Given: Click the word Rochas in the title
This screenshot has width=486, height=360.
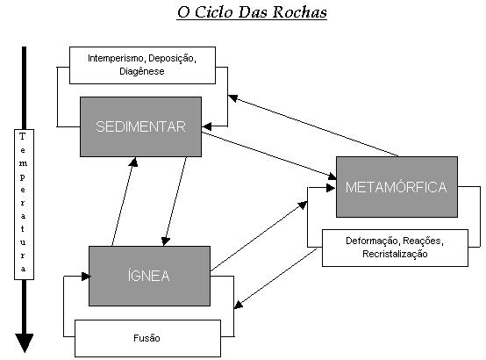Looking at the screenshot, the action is [300, 12].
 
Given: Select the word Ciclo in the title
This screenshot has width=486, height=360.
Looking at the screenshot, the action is [214, 12].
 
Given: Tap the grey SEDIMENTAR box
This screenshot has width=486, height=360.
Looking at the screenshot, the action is [140, 126].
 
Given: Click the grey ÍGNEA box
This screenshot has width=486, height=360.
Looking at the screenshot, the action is [149, 276].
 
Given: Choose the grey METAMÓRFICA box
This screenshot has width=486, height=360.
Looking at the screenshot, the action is [397, 187].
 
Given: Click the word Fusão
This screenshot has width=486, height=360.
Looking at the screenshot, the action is [147, 338].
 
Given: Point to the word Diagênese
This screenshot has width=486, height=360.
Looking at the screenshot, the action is [142, 71].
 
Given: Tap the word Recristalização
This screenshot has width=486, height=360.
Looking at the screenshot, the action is [395, 254].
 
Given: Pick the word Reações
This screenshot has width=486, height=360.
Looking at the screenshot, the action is [423, 241].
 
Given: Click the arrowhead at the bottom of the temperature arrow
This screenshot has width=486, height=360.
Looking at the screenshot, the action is [25, 343].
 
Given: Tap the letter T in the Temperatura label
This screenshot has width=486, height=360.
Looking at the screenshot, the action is [22, 136].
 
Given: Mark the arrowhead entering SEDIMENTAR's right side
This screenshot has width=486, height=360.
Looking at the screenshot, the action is [207, 126].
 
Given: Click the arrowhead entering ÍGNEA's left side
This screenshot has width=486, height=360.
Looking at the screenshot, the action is [86, 277].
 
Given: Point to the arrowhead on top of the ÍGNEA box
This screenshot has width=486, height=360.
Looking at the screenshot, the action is [166, 241].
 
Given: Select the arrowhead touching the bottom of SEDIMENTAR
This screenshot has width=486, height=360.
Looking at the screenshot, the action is [133, 162].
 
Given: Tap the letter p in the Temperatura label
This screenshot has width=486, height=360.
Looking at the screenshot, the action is [22, 177].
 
